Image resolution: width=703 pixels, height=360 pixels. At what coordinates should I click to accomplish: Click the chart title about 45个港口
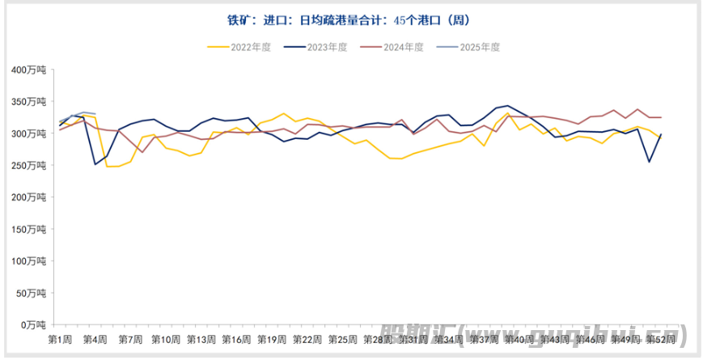point(350,20)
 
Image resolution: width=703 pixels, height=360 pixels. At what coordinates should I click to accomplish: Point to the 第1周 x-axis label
point(61,339)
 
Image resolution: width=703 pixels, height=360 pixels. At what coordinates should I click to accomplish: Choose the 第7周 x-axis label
point(131,339)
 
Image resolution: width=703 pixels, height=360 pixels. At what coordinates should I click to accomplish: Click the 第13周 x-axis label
point(201,339)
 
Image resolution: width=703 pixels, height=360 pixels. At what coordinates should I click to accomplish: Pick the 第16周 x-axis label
point(236,339)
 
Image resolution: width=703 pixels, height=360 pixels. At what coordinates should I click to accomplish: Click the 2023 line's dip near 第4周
point(95,164)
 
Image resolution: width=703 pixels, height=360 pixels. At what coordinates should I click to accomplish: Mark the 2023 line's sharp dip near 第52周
point(649,162)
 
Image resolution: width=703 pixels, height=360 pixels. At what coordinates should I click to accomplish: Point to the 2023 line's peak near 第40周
point(507,105)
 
